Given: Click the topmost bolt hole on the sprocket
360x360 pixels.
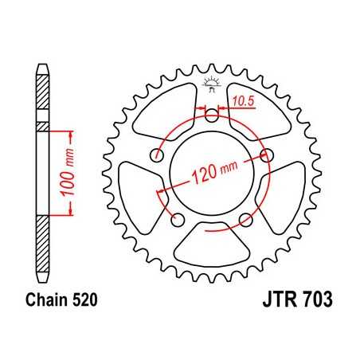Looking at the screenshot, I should tap(212, 115).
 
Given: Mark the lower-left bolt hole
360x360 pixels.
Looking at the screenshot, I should tap(178, 218).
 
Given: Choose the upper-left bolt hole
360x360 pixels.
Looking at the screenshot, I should tap(158, 155).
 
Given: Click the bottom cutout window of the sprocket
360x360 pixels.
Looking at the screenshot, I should tap(212, 248).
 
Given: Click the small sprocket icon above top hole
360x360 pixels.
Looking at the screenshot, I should tap(211, 82).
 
